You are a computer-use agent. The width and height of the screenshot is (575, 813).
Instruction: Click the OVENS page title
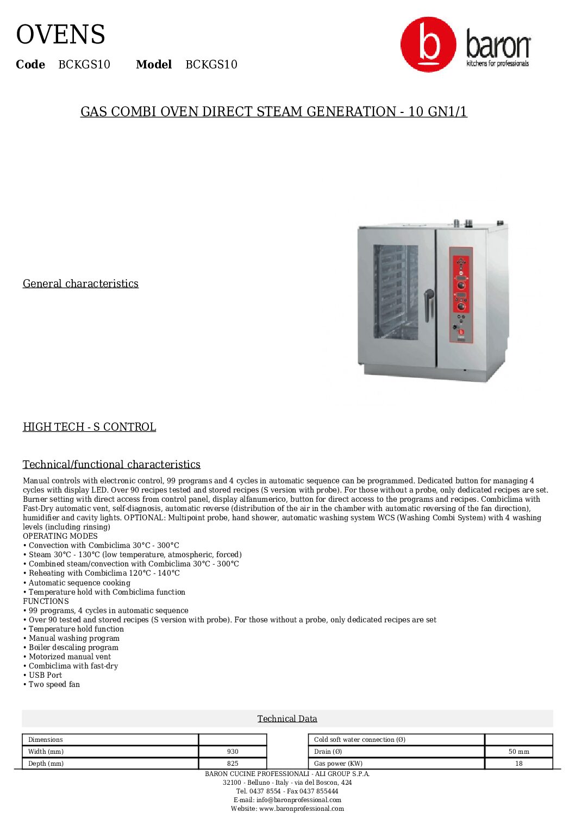click(60, 35)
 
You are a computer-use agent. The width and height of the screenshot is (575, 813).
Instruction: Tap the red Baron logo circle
click(428, 45)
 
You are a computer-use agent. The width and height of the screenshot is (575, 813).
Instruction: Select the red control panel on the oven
click(461, 294)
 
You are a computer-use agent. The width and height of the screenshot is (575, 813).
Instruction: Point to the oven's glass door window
click(396, 292)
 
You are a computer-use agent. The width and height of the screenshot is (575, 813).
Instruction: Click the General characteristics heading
click(80, 283)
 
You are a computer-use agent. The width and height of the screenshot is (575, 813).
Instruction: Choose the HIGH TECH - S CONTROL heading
click(89, 427)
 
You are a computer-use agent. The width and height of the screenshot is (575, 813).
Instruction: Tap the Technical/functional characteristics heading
click(111, 464)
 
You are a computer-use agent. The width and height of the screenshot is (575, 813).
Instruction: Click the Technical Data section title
click(287, 719)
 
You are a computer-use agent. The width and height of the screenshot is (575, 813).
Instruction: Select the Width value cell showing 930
click(233, 752)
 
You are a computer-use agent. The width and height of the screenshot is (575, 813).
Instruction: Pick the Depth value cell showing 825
click(233, 763)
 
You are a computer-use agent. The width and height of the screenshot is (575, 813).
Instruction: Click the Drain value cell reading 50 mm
click(518, 752)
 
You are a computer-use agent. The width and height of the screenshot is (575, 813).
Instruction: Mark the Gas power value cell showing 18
click(518, 763)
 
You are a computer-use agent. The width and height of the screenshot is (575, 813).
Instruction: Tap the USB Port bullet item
click(45, 675)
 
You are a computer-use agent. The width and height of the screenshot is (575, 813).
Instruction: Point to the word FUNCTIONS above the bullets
click(46, 601)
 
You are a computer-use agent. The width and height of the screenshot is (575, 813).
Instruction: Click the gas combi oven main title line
click(273, 111)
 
